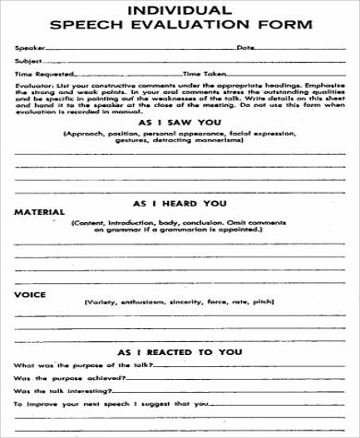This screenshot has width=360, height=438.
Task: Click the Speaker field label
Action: [28, 47]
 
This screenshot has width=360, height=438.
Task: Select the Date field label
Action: [245, 47]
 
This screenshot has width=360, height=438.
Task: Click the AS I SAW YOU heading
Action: [181, 122]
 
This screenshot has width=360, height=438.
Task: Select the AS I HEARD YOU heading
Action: [181, 202]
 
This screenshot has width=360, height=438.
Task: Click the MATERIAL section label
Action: [39, 212]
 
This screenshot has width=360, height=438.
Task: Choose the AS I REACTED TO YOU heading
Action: [181, 353]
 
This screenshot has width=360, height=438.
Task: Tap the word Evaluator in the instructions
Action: [30, 83]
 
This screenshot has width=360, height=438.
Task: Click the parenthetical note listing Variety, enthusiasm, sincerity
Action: [178, 302]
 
